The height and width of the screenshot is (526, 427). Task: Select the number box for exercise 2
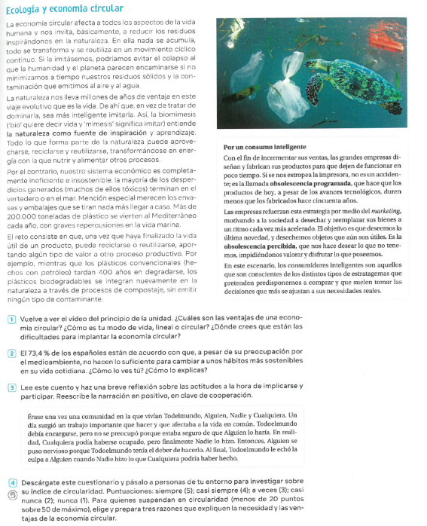(11, 352)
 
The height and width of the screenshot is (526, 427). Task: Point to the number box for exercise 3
(11, 387)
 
